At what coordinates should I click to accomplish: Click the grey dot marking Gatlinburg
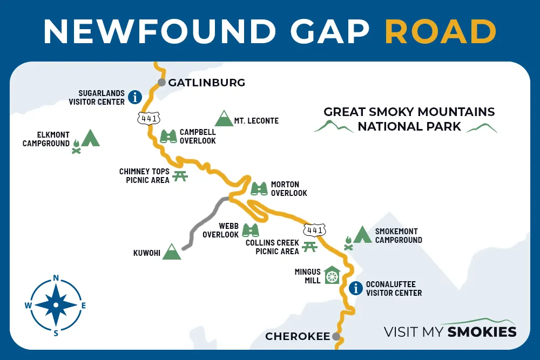pos(161,83)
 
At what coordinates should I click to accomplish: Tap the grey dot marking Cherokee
pos(336,336)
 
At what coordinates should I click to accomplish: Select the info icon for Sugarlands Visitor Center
pos(134,97)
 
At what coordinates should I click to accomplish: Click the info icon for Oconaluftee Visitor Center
pos(355,288)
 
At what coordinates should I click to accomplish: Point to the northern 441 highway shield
pos(147,117)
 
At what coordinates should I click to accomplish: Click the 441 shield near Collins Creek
pos(314,230)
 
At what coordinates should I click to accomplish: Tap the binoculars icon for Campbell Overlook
pos(169,136)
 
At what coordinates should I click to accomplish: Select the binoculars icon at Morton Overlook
pos(259,188)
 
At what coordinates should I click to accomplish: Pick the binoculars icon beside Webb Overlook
pos(250,230)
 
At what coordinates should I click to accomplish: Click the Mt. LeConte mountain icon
pos(223,119)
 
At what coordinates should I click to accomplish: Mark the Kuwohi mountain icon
pos(172,252)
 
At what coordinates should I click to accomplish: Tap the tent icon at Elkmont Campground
pos(90,138)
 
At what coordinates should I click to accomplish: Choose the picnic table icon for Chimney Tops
pos(180,175)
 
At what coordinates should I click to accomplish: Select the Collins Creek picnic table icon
pos(309,247)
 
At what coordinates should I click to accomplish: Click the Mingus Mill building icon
pos(332,275)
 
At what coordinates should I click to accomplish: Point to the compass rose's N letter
pos(56,279)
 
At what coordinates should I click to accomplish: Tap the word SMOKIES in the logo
pos(482,331)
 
